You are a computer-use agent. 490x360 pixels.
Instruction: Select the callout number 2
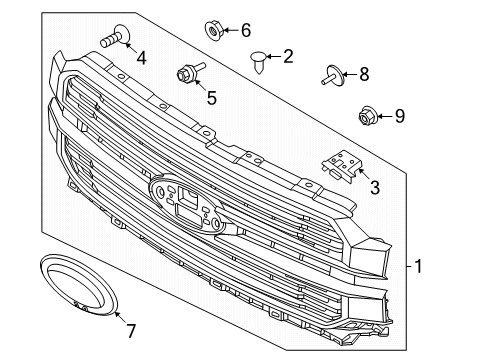[288, 57]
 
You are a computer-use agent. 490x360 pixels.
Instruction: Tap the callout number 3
[374, 186]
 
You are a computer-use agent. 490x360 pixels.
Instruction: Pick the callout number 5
[211, 97]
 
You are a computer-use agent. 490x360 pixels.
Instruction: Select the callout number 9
[399, 117]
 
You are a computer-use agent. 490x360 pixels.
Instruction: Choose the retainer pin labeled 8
[333, 73]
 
